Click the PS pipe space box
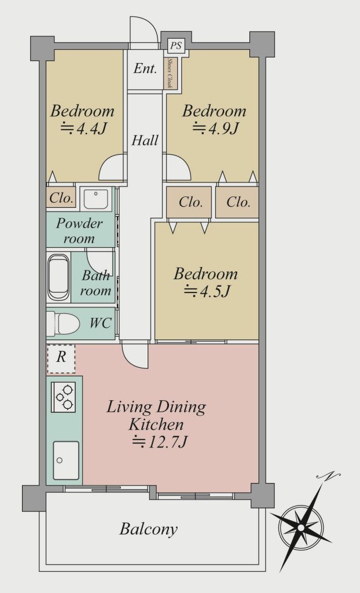pos(175,46)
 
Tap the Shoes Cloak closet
pos(170,74)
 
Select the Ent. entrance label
pos(145,69)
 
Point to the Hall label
pos(145,140)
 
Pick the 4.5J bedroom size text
pos(207,292)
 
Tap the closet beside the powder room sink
pos(61,198)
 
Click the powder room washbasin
pos(95,199)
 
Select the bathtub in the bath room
pos(58,277)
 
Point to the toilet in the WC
pos(63,324)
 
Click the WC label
pos(101,323)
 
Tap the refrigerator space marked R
pos(61,358)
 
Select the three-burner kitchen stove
pos(63,397)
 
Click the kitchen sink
pos(66,460)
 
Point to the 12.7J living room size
pos(160,442)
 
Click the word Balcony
pos(149,529)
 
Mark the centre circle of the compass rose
pos(300,527)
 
